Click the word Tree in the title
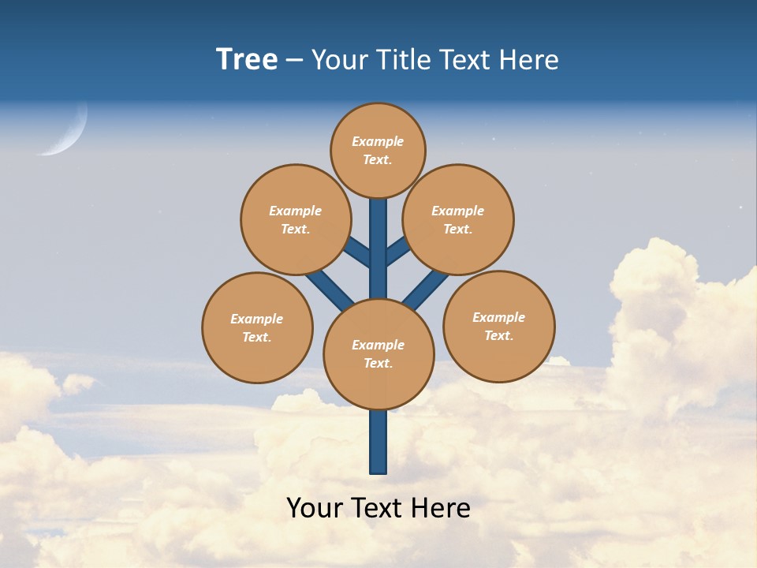point(247,59)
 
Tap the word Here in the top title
point(530,59)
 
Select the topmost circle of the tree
point(378,150)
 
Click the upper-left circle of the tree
point(296,219)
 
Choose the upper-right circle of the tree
point(458,219)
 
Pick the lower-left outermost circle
point(257,327)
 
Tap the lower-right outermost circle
point(499,326)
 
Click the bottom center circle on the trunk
point(378,354)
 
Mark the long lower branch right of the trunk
point(426,289)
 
